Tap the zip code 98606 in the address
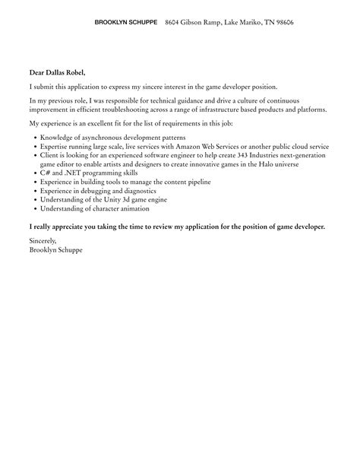point(281,23)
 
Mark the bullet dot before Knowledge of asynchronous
point(35,137)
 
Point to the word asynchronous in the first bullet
point(102,137)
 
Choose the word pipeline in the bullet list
point(195,182)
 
